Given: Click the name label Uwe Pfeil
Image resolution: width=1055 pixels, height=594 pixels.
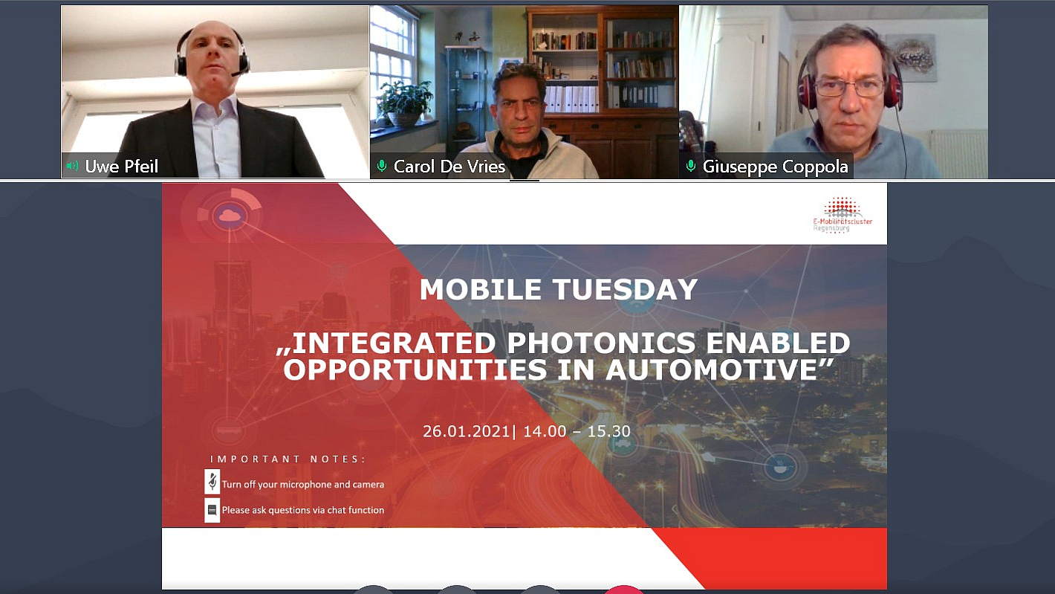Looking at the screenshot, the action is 121,167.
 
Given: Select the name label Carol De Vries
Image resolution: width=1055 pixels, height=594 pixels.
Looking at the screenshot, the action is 449,167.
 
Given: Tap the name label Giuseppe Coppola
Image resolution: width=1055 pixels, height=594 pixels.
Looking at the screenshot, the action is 775,167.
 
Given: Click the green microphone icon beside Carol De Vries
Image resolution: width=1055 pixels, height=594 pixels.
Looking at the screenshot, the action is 382,166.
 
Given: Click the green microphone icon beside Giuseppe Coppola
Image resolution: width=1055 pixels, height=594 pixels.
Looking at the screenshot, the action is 691,166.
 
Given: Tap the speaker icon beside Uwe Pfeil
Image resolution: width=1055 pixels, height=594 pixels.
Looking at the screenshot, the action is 72,166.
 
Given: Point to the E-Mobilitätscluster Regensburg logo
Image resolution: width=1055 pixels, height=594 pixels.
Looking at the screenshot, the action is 843,215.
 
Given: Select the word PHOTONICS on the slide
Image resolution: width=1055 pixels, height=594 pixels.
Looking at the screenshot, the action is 601,343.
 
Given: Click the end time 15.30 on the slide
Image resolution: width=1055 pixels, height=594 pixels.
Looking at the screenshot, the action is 608,431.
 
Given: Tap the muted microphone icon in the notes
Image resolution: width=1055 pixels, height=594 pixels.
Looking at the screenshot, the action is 212,481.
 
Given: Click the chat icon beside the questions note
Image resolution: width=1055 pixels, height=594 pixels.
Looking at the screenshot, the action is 212,510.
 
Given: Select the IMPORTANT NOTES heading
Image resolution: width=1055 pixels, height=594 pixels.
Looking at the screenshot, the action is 288,459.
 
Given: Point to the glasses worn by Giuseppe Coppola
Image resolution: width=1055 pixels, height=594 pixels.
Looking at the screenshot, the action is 849,87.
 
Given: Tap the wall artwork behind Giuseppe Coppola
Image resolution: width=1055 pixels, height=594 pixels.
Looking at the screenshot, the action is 912,57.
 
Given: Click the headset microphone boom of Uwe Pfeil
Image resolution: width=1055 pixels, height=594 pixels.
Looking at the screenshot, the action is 239,71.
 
